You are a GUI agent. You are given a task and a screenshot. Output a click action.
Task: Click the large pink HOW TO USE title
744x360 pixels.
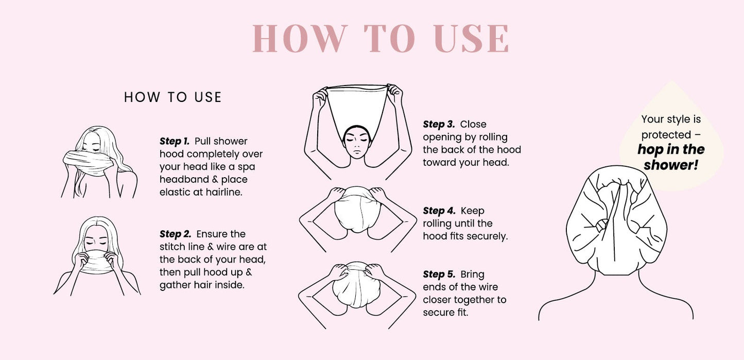[380, 38]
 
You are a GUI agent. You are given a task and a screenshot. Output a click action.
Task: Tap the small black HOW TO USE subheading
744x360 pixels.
[172, 97]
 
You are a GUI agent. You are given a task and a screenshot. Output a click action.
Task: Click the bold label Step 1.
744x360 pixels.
[175, 141]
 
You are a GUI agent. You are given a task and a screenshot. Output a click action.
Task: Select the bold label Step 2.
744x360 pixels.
[176, 234]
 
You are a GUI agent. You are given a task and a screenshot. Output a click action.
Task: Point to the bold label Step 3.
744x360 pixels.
[439, 124]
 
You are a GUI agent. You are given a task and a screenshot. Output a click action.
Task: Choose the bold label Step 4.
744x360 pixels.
[439, 211]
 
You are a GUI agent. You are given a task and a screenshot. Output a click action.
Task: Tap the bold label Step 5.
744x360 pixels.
[439, 275]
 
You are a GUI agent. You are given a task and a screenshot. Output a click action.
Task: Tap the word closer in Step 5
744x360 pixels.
[439, 300]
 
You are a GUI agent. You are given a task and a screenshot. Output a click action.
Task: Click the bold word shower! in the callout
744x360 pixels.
[670, 165]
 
